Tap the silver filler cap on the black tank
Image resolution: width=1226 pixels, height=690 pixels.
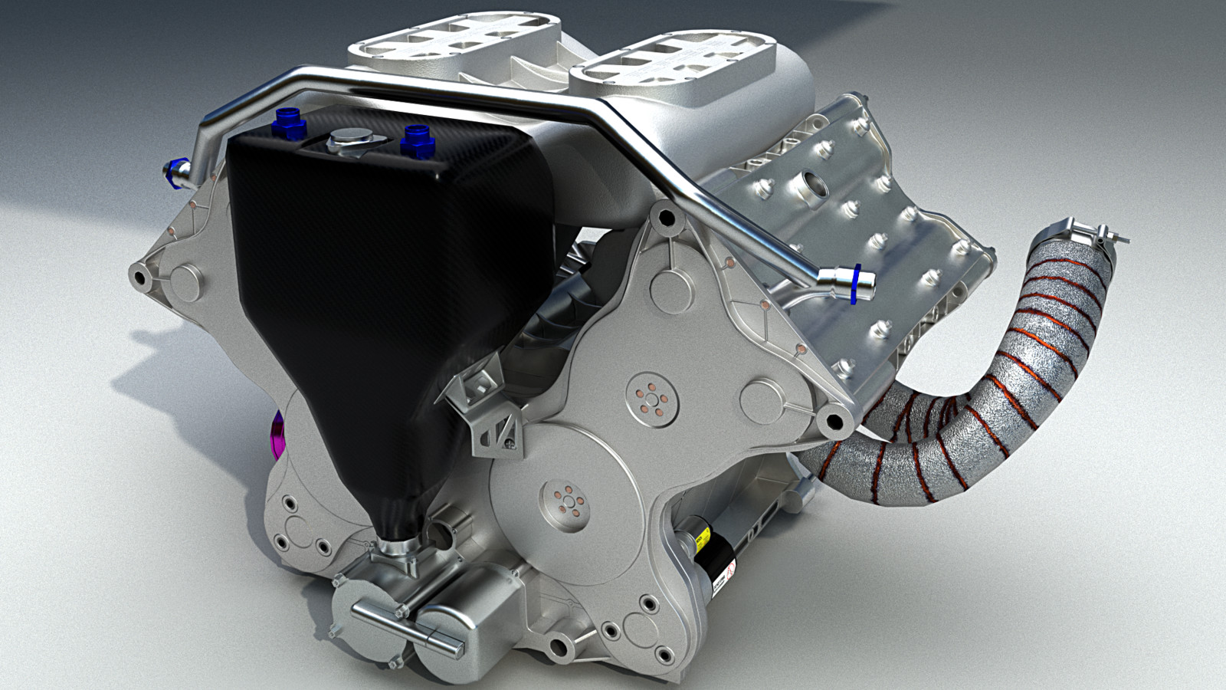pos(347,141)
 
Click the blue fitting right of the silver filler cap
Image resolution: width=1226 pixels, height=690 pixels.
pos(416,137)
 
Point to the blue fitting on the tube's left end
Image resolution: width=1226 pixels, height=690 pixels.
pos(174,168)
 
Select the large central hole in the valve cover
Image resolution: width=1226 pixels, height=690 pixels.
pos(813,184)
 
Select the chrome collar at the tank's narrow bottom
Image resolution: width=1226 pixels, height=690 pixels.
pos(398,549)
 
